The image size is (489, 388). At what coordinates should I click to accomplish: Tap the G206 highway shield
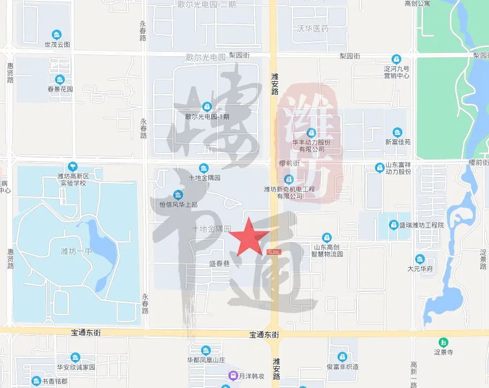tap(274, 252)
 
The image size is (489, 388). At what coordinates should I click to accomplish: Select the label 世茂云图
tap(57, 44)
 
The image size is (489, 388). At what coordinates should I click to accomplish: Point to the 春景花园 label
tap(60, 89)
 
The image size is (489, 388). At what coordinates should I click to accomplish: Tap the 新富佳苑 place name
tap(398, 142)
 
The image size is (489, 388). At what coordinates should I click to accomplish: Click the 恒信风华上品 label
tap(179, 204)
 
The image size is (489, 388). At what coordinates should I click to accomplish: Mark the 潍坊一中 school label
tap(68, 251)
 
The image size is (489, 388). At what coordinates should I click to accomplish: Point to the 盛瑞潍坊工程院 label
tap(422, 225)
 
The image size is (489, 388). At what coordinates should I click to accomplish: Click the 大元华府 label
tap(419, 269)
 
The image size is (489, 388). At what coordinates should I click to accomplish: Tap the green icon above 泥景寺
tap(443, 342)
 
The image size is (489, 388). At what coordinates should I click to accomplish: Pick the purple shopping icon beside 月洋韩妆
tap(233, 376)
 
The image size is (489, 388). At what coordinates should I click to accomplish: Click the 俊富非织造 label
tap(342, 367)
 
